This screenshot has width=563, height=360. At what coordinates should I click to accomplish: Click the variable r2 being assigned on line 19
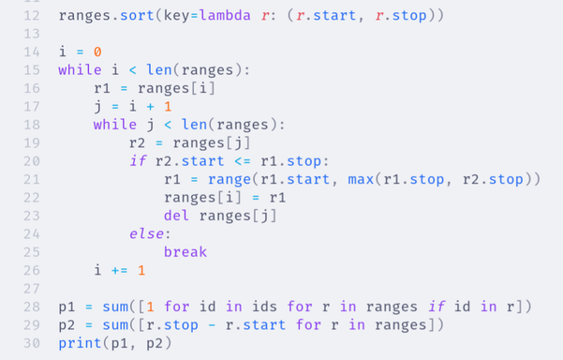139,142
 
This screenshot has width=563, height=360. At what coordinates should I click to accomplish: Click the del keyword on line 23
175,215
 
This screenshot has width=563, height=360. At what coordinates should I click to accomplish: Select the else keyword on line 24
147,233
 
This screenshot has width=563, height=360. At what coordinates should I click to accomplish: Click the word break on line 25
185,251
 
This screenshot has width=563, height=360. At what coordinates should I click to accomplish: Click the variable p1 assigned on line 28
66,306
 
